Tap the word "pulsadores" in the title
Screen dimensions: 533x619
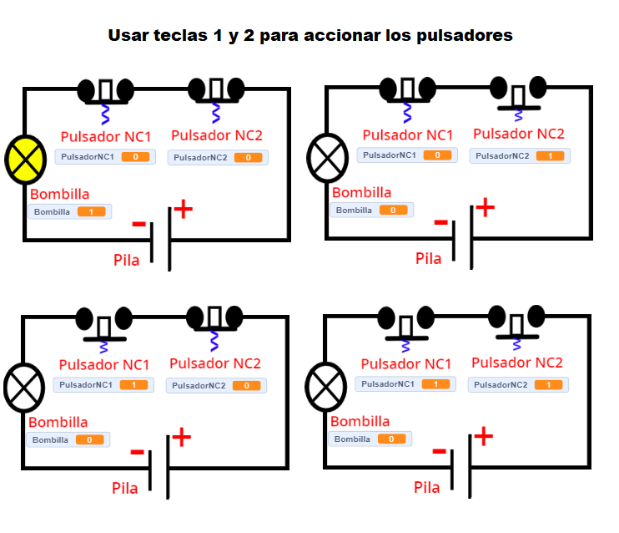464,37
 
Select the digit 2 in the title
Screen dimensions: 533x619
249,37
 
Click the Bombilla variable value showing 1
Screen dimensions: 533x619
90,212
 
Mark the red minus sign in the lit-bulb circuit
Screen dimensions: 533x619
138,223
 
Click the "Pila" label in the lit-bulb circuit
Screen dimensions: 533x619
127,260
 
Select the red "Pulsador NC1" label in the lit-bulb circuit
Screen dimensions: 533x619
106,136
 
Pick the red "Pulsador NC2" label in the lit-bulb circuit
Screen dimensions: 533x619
216,135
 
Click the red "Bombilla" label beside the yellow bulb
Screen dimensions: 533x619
59,194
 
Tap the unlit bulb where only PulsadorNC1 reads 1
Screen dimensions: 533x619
24,387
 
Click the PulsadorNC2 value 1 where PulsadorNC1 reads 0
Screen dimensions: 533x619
550,156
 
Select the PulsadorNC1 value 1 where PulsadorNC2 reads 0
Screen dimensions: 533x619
133,385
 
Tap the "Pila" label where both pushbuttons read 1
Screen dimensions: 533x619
427,487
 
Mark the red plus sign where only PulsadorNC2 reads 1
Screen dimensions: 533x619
484,206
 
